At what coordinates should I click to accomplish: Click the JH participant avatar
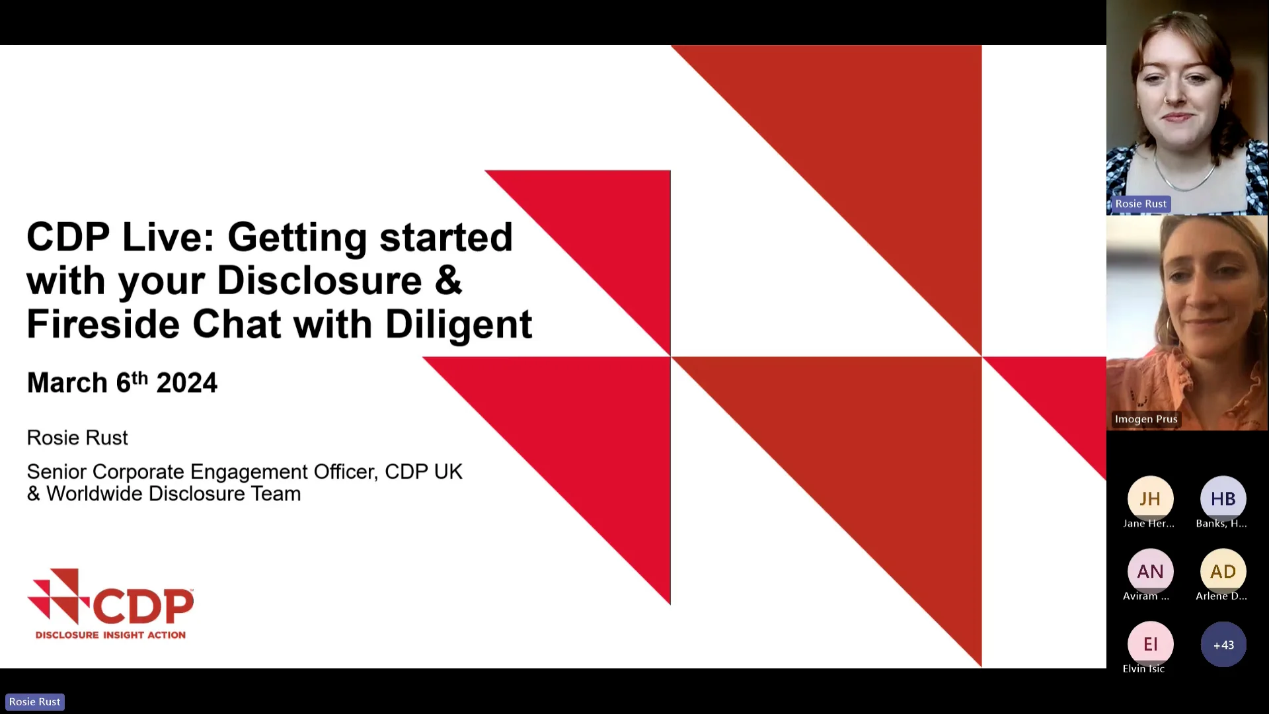pyautogui.click(x=1150, y=498)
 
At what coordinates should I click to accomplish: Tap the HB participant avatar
pyautogui.click(x=1223, y=498)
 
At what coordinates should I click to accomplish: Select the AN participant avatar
pyautogui.click(x=1150, y=571)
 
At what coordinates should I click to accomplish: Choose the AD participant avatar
pyautogui.click(x=1223, y=571)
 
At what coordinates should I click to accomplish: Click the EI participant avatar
pyautogui.click(x=1150, y=644)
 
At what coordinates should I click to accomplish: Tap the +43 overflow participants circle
pyautogui.click(x=1223, y=645)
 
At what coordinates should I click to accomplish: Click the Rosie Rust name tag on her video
pyautogui.click(x=1141, y=204)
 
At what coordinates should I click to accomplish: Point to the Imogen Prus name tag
pyautogui.click(x=1146, y=419)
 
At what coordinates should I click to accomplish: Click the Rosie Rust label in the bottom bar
pyautogui.click(x=35, y=701)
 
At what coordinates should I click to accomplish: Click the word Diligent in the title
pyautogui.click(x=458, y=325)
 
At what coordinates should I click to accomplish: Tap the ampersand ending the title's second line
pyautogui.click(x=448, y=280)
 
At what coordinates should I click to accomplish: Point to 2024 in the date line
pyautogui.click(x=186, y=383)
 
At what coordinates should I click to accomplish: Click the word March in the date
pyautogui.click(x=67, y=383)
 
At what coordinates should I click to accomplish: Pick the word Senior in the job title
pyautogui.click(x=56, y=472)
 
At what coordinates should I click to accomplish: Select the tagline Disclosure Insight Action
pyautogui.click(x=110, y=635)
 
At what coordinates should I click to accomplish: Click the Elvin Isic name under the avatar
pyautogui.click(x=1143, y=668)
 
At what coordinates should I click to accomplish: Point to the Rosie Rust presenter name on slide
pyautogui.click(x=77, y=438)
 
